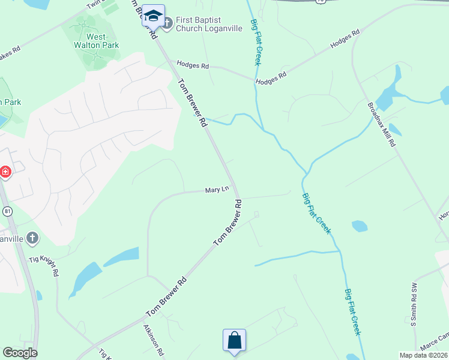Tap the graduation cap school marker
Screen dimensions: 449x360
(x=153, y=17)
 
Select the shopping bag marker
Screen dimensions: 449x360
(x=234, y=341)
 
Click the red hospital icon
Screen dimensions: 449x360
(x=5, y=172)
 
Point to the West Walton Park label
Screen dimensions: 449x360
(x=98, y=40)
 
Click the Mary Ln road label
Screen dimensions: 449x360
(x=217, y=190)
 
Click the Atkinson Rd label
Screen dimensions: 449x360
(x=154, y=341)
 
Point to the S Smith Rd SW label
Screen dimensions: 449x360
(x=413, y=304)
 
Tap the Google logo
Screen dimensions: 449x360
(x=20, y=353)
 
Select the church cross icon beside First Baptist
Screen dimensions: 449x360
(x=167, y=24)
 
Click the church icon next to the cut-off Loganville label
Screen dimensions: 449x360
(x=32, y=238)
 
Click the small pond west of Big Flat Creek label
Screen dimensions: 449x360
(x=359, y=226)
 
